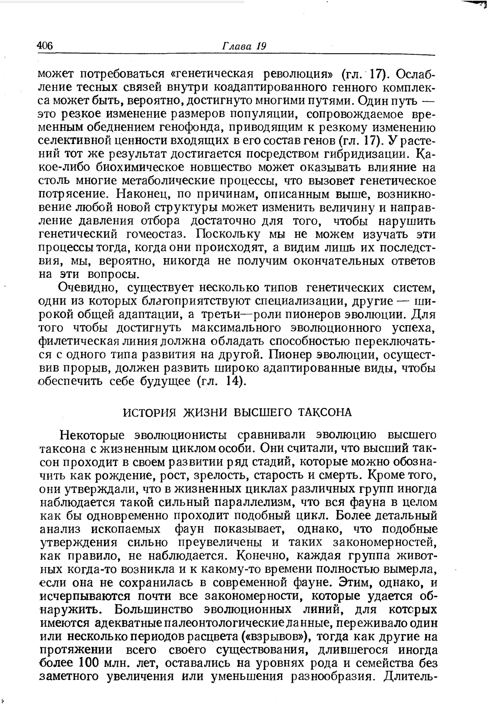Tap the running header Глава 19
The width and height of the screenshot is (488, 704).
point(244,46)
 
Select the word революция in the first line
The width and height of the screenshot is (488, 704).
point(297,74)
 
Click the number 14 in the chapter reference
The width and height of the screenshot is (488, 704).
point(234,381)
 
